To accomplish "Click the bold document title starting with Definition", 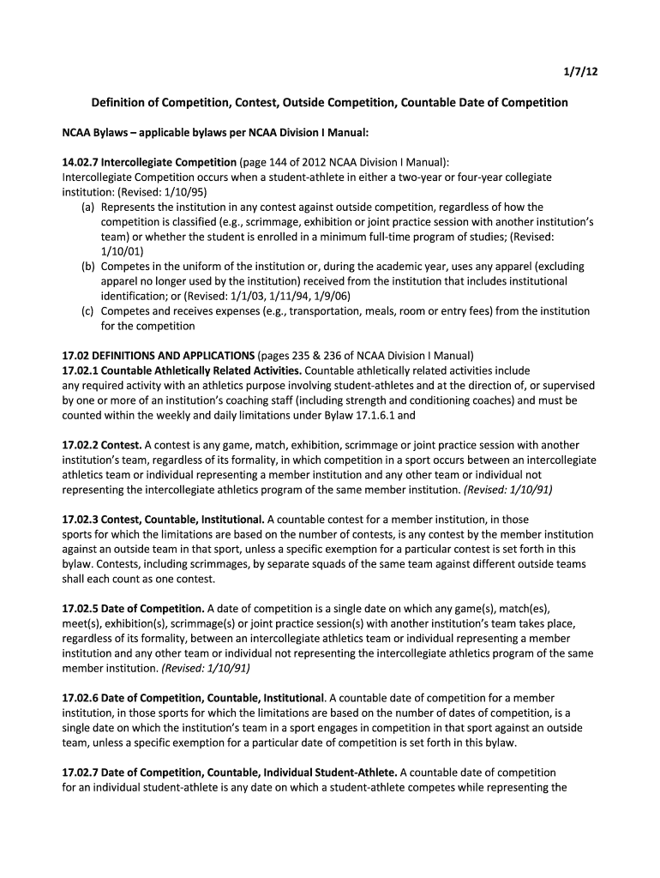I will (330, 103).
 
